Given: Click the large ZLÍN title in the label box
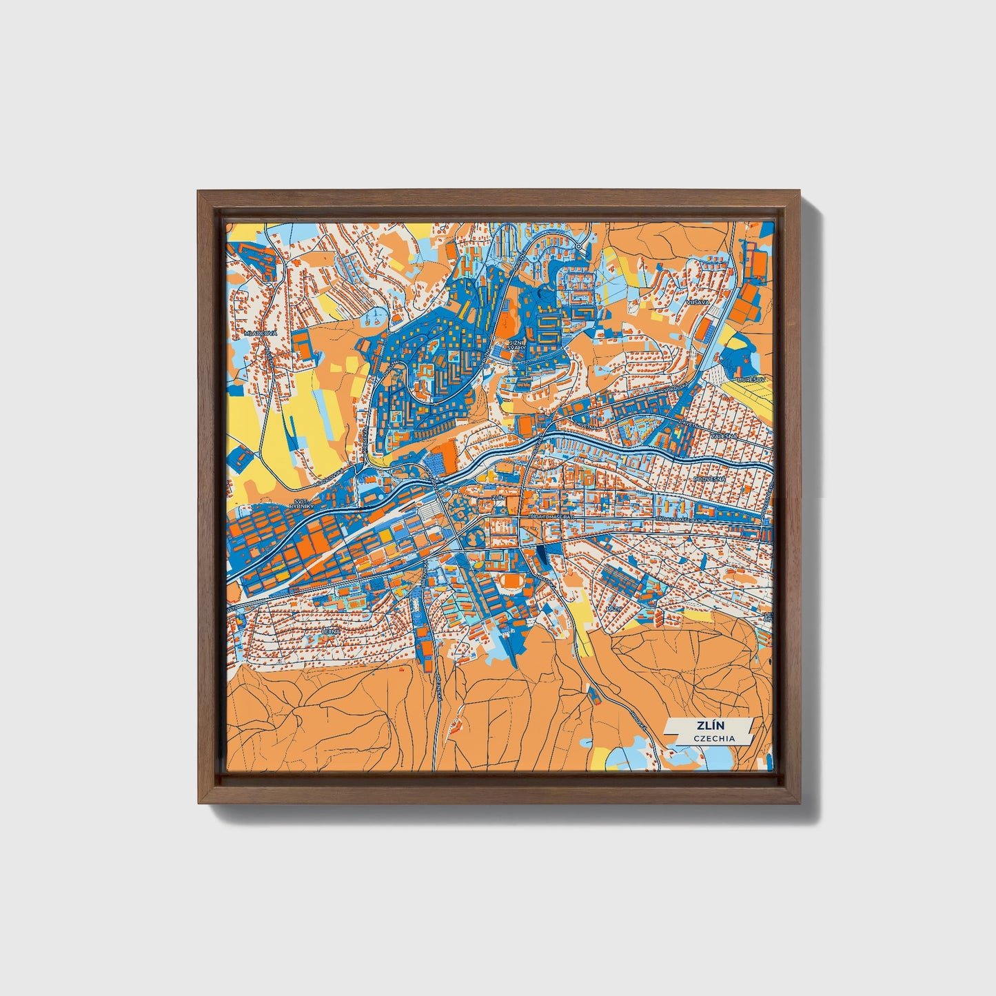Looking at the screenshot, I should click(706, 725).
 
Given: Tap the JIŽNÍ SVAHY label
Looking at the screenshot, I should click(516, 345).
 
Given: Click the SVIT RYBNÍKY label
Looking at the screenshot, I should click(303, 504).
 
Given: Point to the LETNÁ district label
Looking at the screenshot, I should click(332, 630).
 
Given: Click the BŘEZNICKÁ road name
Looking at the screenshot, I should click(438, 687).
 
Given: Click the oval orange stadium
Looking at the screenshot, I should click(511, 583).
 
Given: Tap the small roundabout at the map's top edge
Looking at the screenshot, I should click(578, 246).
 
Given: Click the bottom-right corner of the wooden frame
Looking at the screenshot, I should click(801, 803).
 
